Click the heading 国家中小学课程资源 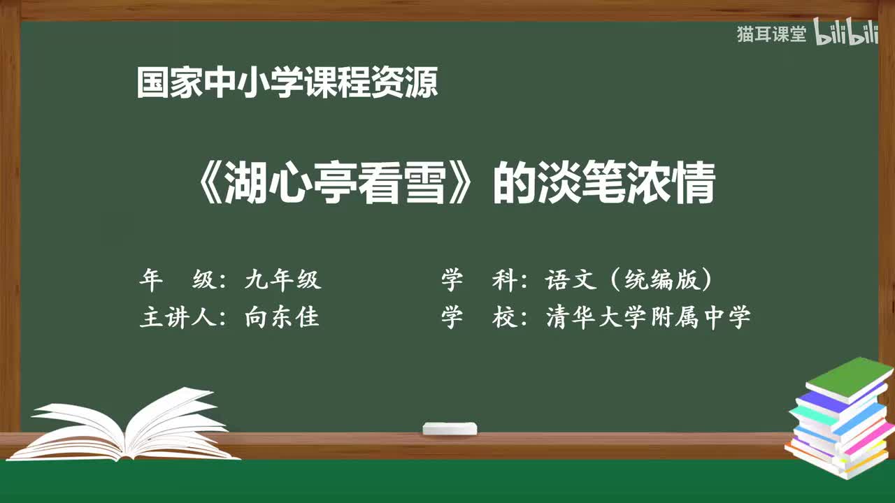click(x=287, y=83)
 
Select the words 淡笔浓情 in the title click(x=625, y=184)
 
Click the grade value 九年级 click(x=282, y=280)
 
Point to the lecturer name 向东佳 click(x=282, y=318)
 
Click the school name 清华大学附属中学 click(x=648, y=318)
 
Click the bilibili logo click(x=846, y=34)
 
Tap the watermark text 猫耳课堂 click(x=771, y=34)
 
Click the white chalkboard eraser click(x=450, y=429)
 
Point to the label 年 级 click(x=178, y=280)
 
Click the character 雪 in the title click(x=427, y=184)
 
